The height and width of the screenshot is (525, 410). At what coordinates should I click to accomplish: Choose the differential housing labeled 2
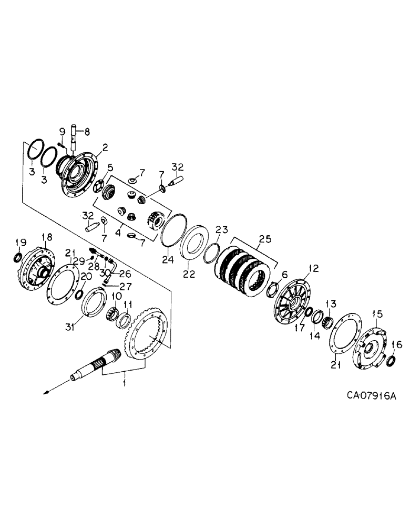79,173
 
